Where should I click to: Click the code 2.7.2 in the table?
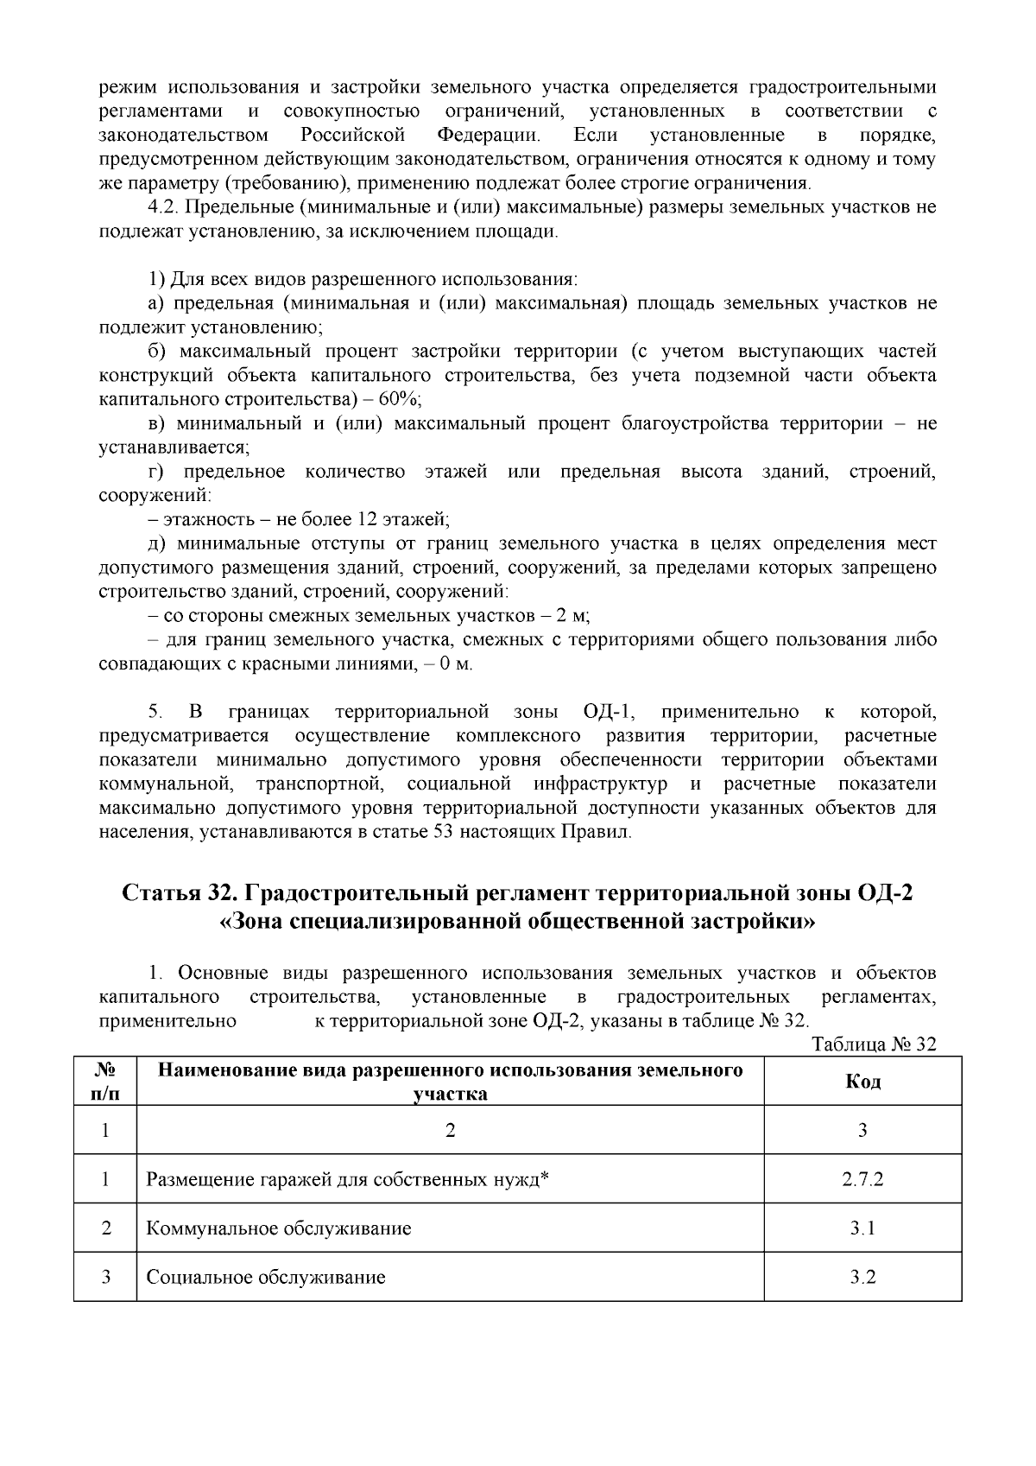862,1179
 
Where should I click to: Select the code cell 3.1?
862,1228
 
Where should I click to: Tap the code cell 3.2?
862,1277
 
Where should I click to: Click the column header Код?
862,1082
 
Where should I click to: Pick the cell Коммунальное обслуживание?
278,1228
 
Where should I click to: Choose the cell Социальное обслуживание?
265,1277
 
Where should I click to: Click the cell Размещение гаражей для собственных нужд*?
348,1179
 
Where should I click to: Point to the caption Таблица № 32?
874,1044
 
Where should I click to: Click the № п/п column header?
105,1082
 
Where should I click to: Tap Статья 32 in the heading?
172,892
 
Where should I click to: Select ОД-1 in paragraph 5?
609,712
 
